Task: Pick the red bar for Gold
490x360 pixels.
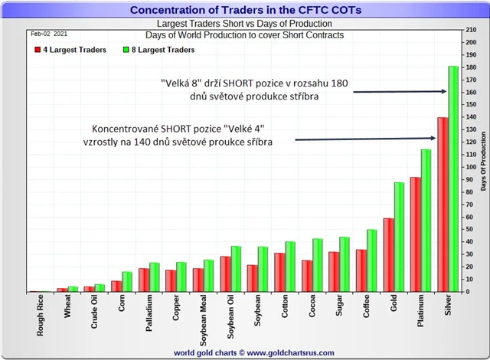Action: (x=388, y=255)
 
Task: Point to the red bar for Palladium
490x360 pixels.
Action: (x=144, y=280)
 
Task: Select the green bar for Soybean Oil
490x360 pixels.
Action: (x=236, y=269)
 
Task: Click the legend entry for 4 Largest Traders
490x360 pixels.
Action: (x=68, y=50)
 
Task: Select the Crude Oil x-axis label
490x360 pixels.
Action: (x=95, y=319)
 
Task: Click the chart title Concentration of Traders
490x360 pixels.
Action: (x=245, y=10)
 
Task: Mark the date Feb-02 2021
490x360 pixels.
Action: (x=49, y=34)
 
